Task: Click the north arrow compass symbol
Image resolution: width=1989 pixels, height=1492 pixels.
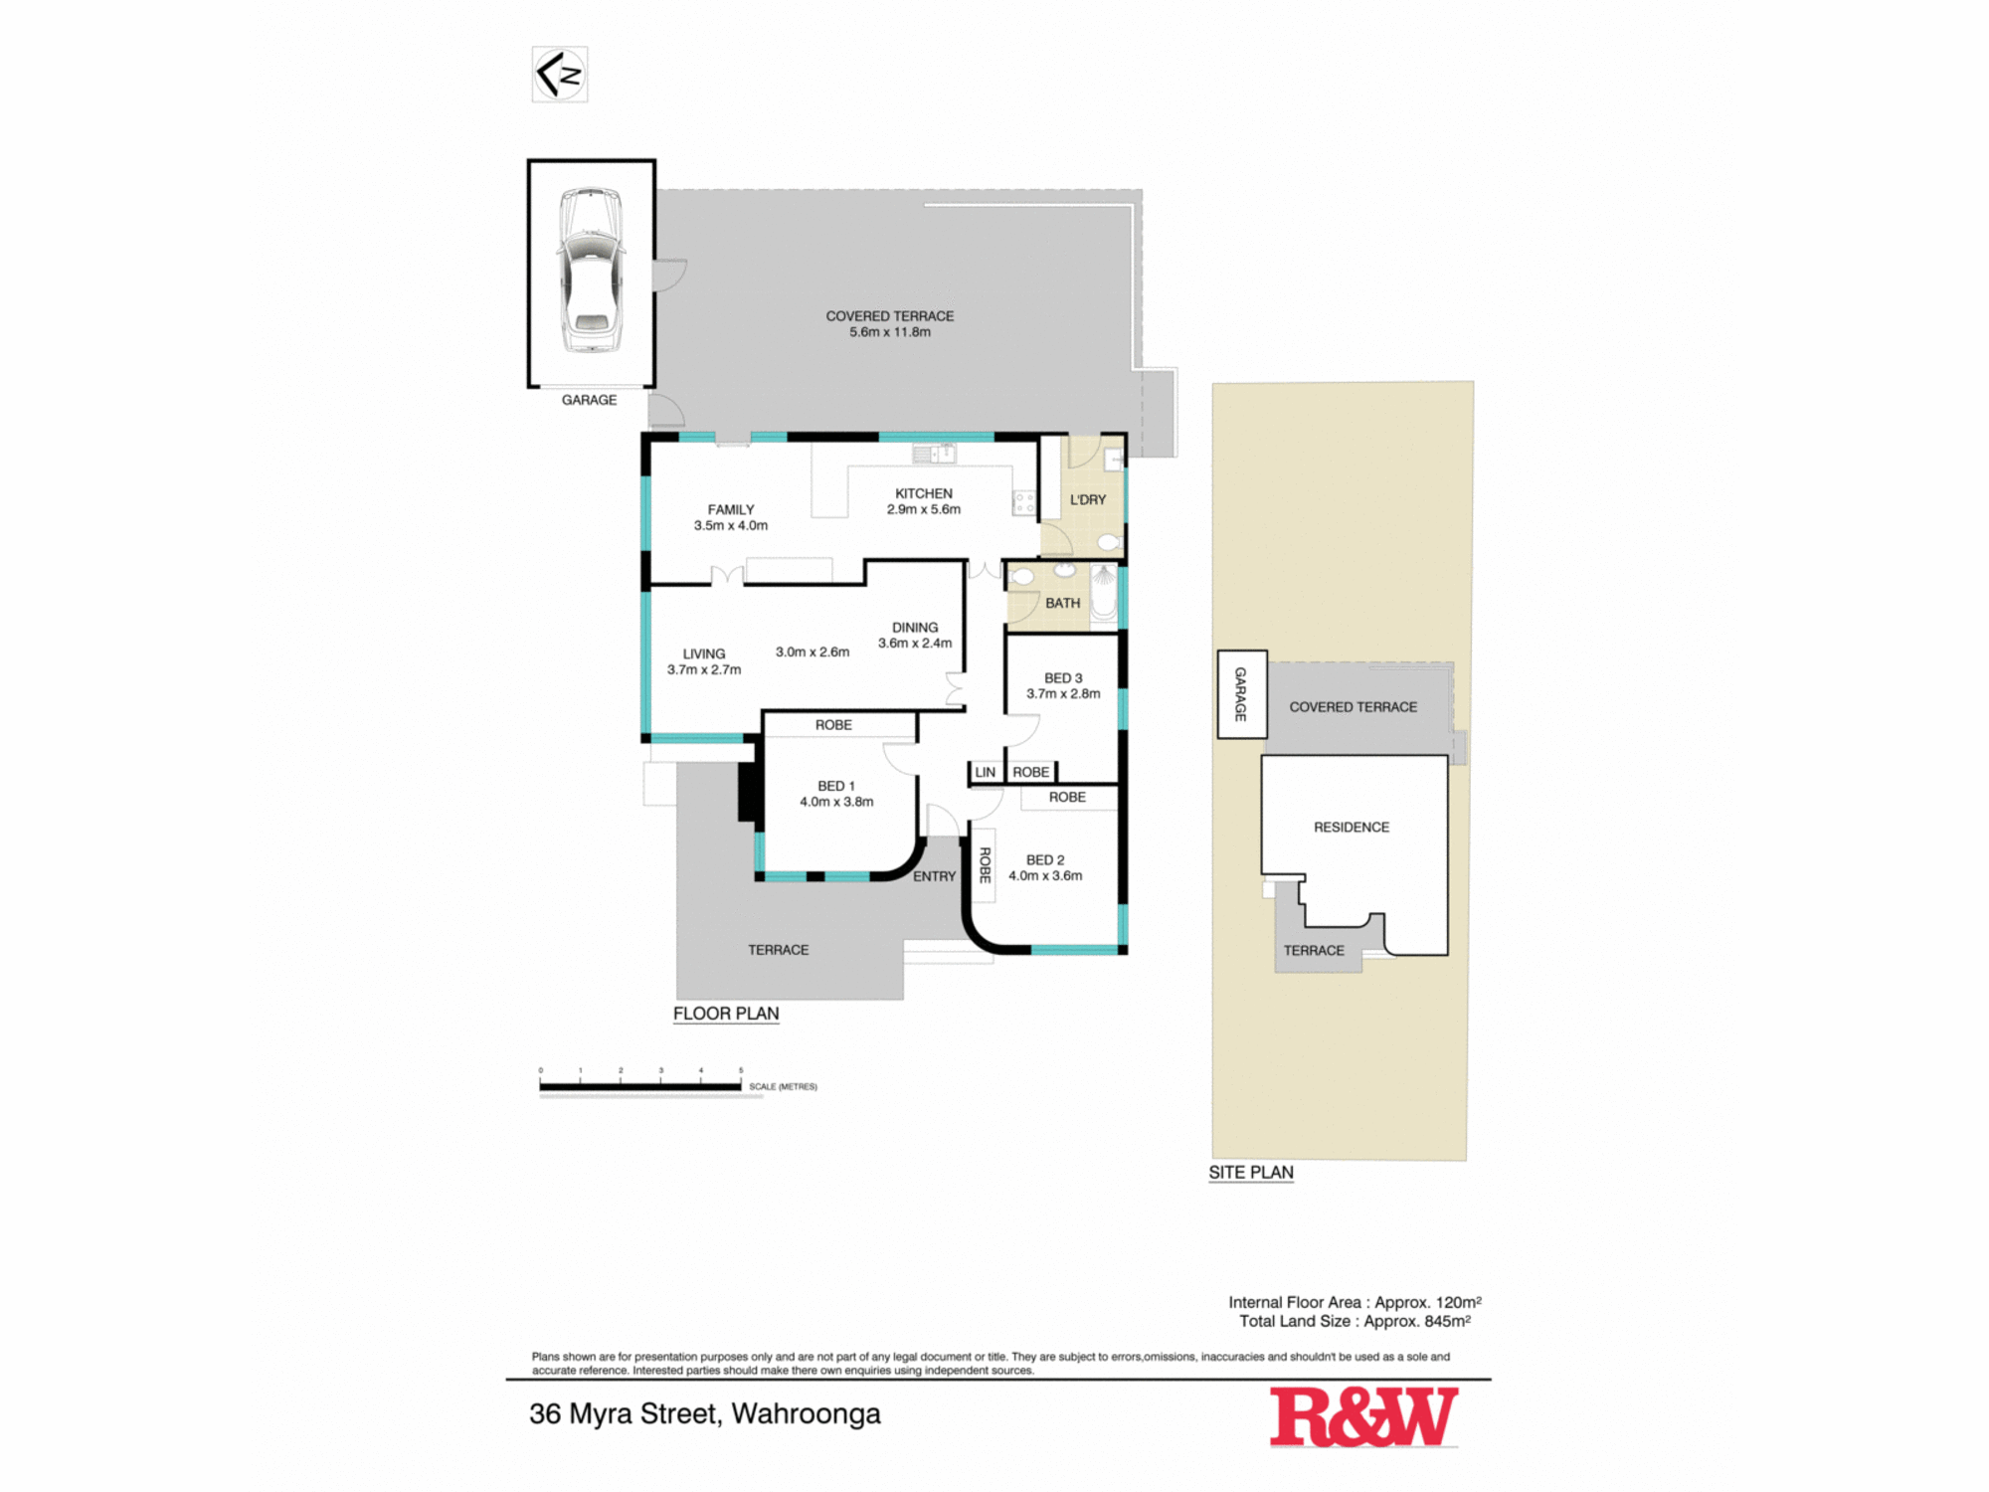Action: (560, 75)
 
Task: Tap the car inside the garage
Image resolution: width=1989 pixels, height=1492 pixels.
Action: (591, 271)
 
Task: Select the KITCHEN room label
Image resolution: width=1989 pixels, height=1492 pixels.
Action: (924, 493)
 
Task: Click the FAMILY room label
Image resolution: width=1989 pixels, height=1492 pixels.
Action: (731, 509)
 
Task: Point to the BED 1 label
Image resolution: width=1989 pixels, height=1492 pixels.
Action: (836, 786)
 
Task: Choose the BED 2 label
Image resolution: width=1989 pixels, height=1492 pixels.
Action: (1045, 859)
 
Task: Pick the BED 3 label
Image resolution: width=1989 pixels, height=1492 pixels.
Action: (1063, 677)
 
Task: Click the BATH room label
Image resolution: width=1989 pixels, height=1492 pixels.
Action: (1063, 603)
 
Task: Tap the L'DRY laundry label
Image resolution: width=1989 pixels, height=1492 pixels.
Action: (1088, 499)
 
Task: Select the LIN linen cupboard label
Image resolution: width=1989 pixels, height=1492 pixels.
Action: (986, 772)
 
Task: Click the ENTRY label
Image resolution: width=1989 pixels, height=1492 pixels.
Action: (935, 876)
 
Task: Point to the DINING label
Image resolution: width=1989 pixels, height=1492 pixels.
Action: (915, 628)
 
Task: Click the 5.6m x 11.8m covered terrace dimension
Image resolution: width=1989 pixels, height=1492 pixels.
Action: (890, 332)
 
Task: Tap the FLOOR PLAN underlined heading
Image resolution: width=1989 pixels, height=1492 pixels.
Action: (726, 1014)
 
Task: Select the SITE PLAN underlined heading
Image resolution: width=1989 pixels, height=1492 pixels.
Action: (1251, 1173)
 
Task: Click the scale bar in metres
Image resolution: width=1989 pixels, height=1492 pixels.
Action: (640, 1087)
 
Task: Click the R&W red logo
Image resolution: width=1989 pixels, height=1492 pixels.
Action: (1364, 1416)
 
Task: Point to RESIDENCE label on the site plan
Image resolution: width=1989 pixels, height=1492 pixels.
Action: (1352, 828)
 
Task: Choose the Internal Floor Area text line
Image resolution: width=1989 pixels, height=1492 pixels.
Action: (1355, 1302)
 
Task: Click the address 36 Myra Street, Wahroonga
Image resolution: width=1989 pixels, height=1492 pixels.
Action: (705, 1414)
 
